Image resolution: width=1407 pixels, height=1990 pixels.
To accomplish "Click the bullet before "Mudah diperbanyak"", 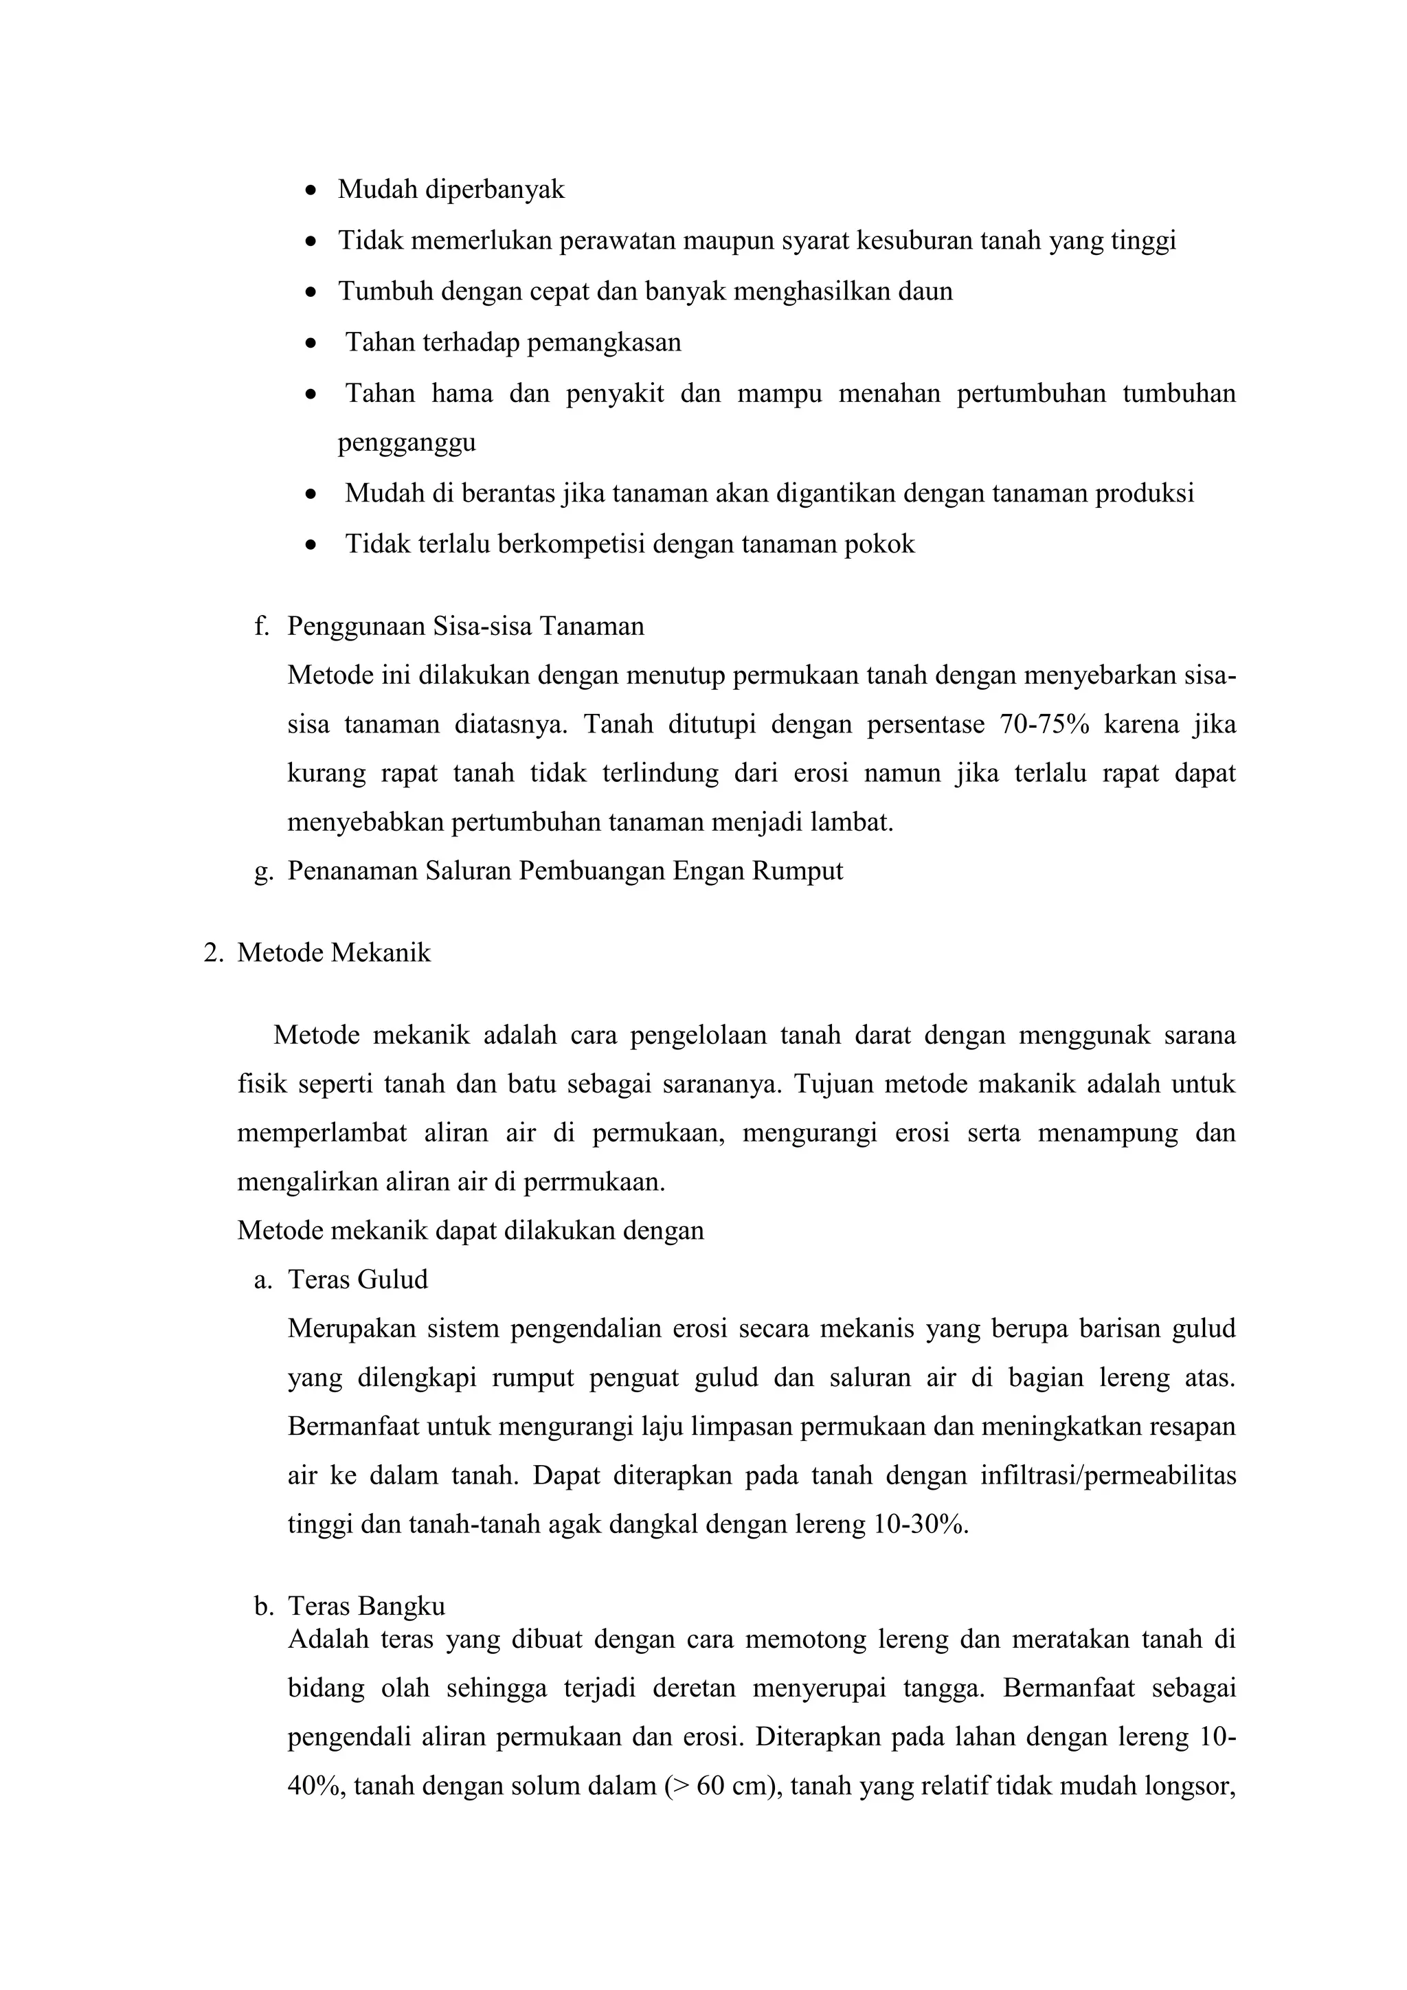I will point(312,190).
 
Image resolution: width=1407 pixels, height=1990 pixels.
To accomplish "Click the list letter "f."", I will point(262,626).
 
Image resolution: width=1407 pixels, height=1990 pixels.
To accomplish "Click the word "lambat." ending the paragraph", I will point(851,822).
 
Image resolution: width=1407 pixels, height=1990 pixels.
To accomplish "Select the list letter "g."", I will point(262,871).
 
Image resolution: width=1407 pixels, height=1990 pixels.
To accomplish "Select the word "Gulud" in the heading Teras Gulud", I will point(396,1280).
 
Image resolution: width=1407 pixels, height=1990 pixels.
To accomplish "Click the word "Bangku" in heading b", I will point(404,1606).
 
